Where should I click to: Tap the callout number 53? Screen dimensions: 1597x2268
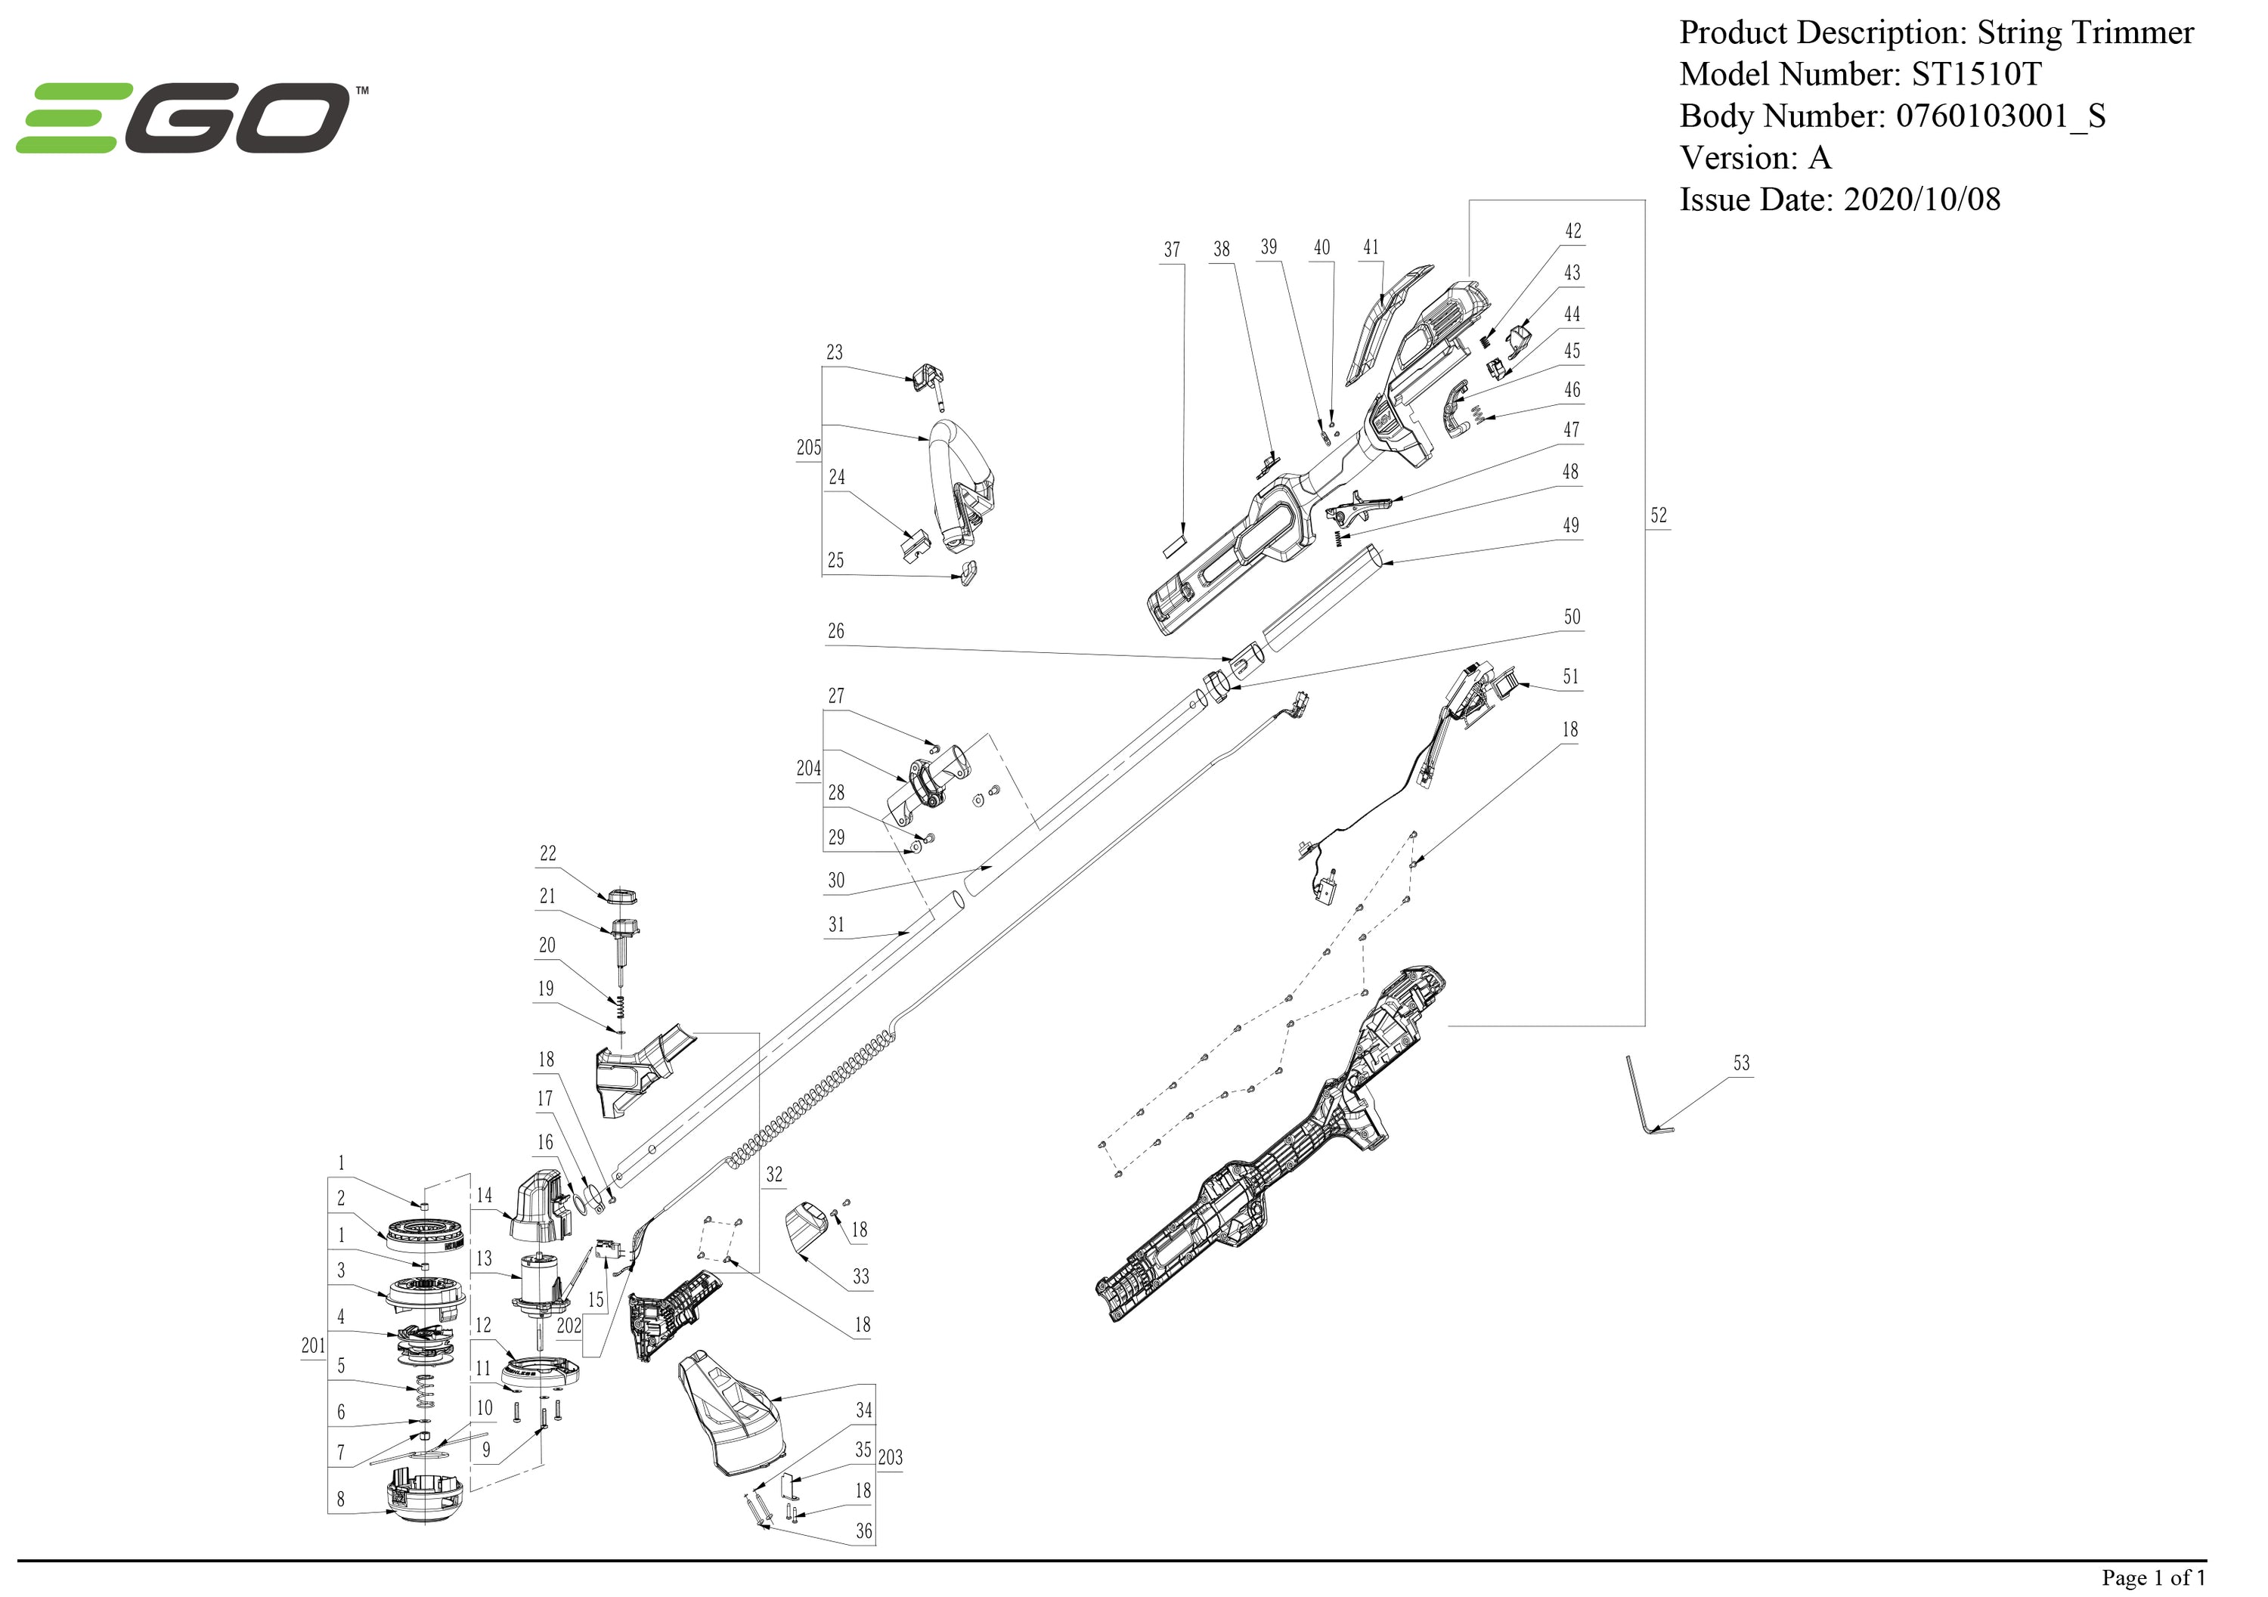1740,1063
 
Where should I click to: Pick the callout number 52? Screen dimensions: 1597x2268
1658,515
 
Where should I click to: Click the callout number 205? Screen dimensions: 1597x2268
808,447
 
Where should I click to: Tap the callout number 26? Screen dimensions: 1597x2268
835,631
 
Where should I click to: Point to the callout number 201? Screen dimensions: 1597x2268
312,1345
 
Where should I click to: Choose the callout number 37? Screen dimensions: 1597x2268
1172,250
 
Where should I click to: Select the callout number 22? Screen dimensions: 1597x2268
547,853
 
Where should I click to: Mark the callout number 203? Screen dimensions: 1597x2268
890,1456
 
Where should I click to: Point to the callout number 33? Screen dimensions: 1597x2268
860,1276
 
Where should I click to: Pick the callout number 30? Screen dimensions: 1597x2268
835,880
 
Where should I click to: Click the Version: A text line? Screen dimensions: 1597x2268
1755,158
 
